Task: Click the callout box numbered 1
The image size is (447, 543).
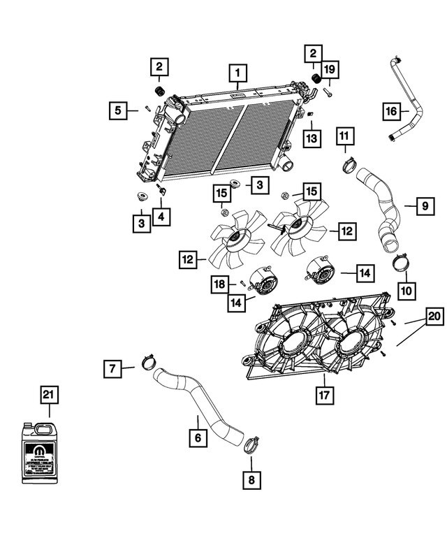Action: click(237, 72)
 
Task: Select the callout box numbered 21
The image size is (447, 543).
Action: click(48, 396)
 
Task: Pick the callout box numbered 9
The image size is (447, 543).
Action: click(424, 205)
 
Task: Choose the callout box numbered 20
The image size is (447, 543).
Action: click(434, 317)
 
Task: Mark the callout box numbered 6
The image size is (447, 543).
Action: click(198, 438)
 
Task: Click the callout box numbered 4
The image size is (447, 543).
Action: click(162, 217)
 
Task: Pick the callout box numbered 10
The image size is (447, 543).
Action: click(406, 288)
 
